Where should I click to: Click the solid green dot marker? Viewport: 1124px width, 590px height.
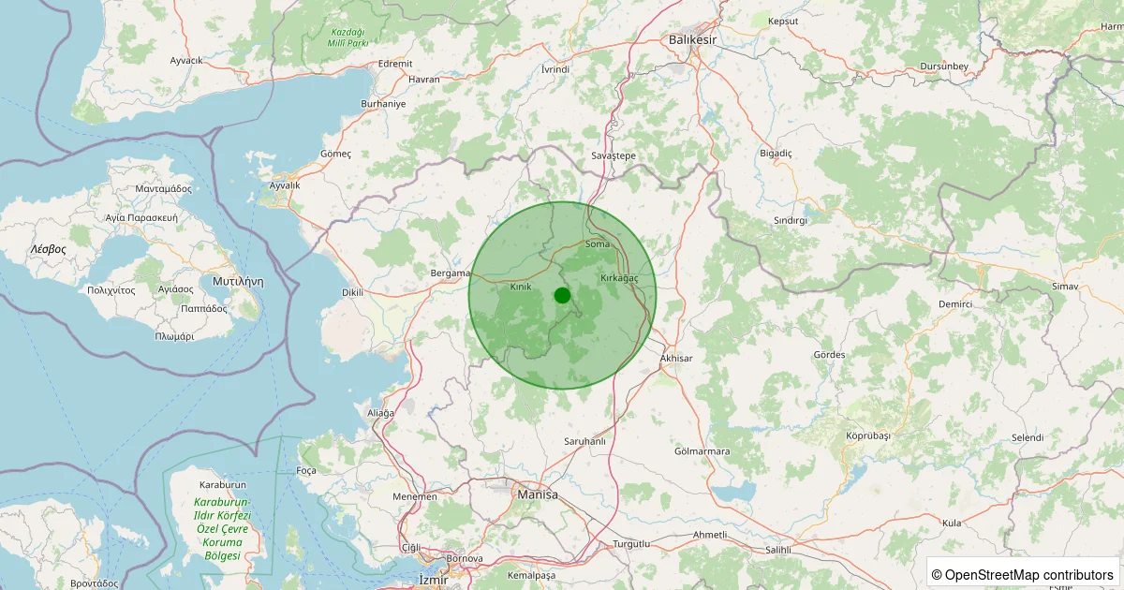[562, 295]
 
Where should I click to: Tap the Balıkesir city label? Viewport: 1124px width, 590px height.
[692, 39]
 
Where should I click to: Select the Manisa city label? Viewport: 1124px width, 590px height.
[537, 494]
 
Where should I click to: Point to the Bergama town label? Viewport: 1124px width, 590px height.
[449, 273]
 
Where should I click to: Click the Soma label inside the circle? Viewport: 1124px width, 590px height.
[597, 244]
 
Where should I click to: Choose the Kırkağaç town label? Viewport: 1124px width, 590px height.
[618, 278]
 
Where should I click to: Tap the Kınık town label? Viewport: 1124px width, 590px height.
[521, 287]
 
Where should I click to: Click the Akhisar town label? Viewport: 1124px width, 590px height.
[676, 358]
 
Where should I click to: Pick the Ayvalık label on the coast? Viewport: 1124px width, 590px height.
[285, 185]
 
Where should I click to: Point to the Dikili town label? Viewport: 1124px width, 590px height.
[352, 292]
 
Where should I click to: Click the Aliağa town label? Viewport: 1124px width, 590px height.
[381, 413]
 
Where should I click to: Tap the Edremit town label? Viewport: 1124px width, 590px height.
[395, 64]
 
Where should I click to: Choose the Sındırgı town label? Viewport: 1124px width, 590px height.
[790, 220]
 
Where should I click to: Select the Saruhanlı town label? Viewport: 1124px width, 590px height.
[585, 441]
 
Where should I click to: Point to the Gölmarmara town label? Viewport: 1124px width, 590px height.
[702, 451]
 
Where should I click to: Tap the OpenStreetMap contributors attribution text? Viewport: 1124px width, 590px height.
[1022, 574]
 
